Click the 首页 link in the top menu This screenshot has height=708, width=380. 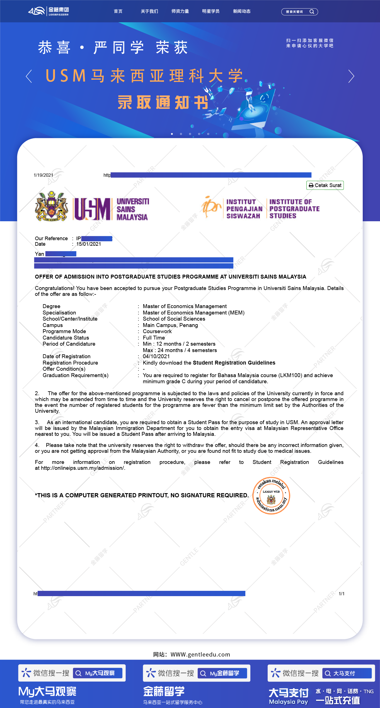pyautogui.click(x=118, y=11)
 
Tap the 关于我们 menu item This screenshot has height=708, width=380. pyautogui.click(x=149, y=11)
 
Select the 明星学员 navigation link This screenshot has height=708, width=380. pyautogui.click(x=211, y=11)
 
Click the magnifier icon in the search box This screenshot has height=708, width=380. pyautogui.click(x=312, y=12)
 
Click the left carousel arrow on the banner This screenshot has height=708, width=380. pyautogui.click(x=29, y=76)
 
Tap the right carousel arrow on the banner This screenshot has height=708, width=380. pyautogui.click(x=351, y=76)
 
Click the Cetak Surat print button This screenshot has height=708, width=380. pyautogui.click(x=325, y=185)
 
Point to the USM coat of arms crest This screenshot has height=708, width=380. pyautogui.click(x=52, y=206)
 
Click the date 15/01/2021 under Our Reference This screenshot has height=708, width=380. pyautogui.click(x=89, y=244)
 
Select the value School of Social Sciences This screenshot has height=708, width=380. pyautogui.click(x=174, y=319)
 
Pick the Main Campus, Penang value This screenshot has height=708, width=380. pyautogui.click(x=170, y=325)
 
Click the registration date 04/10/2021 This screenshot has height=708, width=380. pyautogui.click(x=156, y=357)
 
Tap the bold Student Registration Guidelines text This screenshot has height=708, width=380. pyautogui.click(x=234, y=363)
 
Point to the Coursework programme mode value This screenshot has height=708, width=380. pyautogui.click(x=157, y=331)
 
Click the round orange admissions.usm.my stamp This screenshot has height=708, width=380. pyautogui.click(x=271, y=496)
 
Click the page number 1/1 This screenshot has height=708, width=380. pyautogui.click(x=342, y=594)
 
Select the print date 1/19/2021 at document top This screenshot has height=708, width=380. pyautogui.click(x=43, y=175)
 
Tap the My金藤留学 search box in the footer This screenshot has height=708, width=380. pyautogui.click(x=222, y=673)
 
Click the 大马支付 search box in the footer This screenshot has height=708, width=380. pyautogui.click(x=347, y=673)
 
